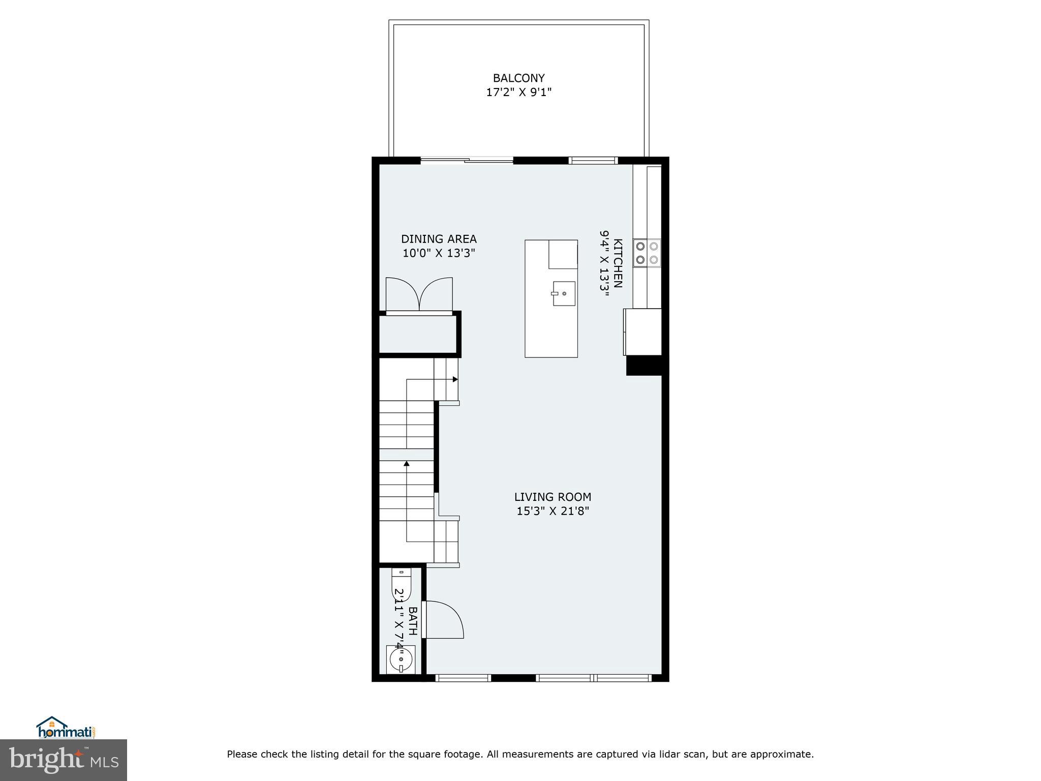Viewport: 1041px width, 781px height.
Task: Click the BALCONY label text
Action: pos(518,78)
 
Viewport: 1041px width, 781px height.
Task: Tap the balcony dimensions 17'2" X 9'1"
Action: pos(518,93)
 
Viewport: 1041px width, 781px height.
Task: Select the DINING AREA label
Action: pos(439,239)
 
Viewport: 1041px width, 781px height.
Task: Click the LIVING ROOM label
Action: pos(553,497)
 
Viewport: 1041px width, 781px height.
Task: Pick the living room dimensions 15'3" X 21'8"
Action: pos(553,511)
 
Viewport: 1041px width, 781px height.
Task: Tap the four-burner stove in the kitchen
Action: pos(647,253)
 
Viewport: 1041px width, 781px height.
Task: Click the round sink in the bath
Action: pos(401,659)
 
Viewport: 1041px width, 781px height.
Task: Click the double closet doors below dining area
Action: pos(419,295)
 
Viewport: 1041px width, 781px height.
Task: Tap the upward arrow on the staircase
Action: pos(406,463)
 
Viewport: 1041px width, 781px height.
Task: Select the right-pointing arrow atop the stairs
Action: pos(455,379)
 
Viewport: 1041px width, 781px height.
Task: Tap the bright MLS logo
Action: pos(64,760)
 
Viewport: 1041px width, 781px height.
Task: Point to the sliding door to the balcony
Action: pos(467,161)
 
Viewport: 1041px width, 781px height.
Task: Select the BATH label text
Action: pos(413,620)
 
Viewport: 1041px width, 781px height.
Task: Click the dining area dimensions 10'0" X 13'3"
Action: pos(439,253)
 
